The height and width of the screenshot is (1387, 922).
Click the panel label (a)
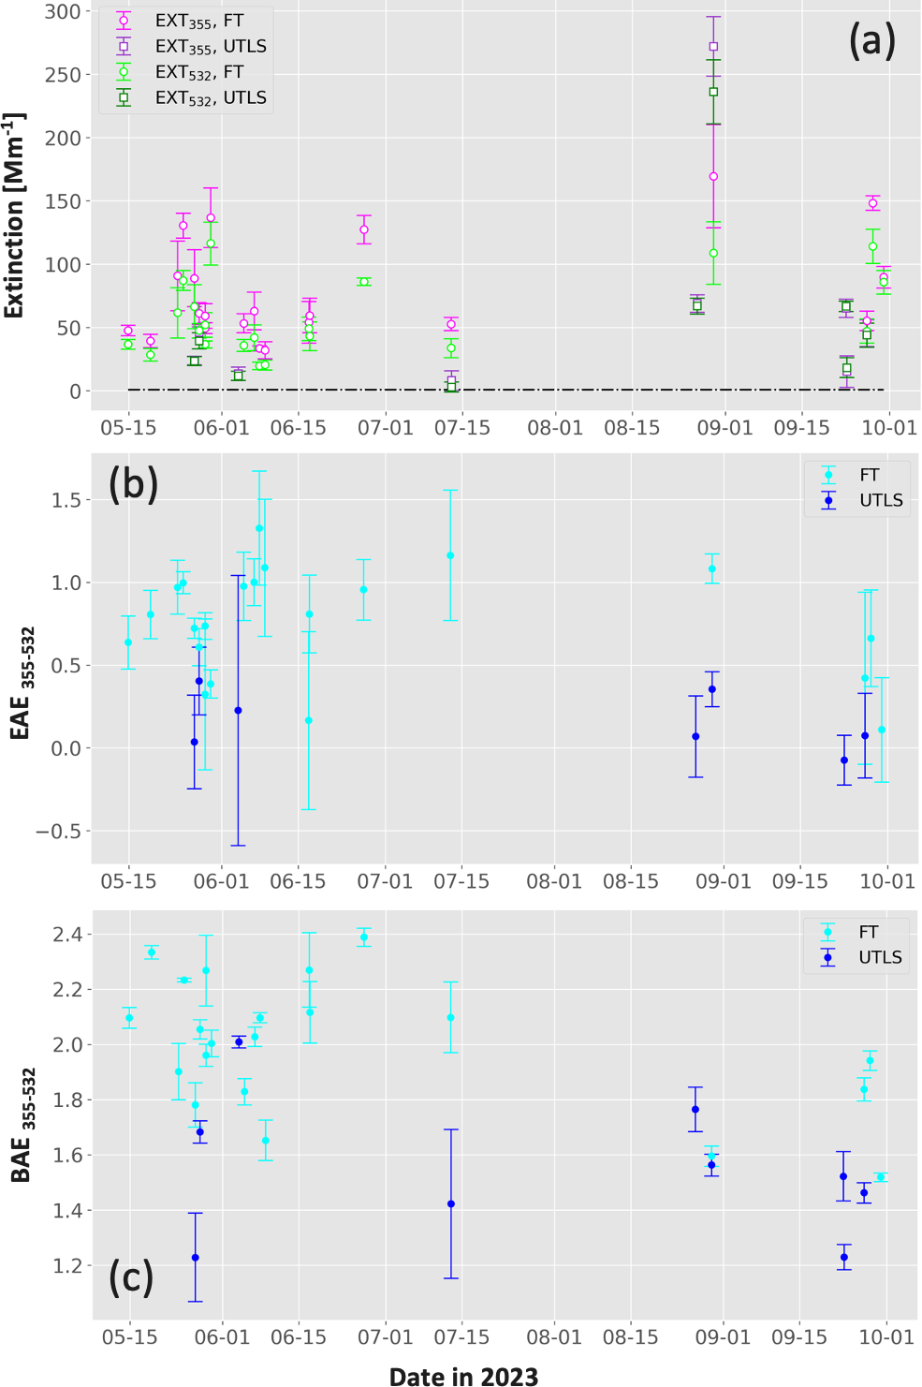pos(871,41)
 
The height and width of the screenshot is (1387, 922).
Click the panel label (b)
pos(134,483)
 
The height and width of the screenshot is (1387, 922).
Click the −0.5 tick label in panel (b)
pos(59,832)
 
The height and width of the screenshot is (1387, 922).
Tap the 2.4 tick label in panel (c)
pos(67,935)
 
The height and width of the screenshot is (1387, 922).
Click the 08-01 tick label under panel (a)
pos(555,428)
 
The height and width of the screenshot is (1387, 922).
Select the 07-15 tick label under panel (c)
pos(461,1337)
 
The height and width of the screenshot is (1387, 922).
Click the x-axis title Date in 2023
pos(464,1376)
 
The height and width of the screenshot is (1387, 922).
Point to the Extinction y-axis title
pos(14,214)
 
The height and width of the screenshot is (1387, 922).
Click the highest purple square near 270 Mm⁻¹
pos(713,47)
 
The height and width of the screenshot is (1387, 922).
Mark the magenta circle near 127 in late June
pos(364,229)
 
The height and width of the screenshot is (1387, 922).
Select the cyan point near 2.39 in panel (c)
pos(364,937)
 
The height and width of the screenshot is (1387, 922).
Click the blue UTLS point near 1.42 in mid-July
pos(451,1203)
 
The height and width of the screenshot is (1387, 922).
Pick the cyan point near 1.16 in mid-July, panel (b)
pos(450,555)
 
